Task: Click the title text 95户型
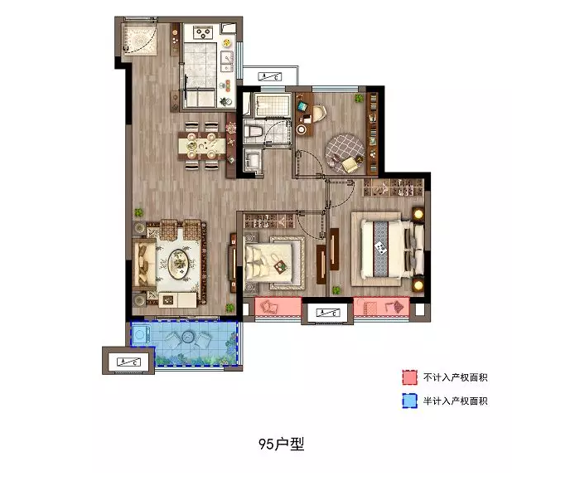[282, 444]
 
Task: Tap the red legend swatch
[409, 377]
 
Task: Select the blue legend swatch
[409, 401]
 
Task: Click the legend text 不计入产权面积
[456, 377]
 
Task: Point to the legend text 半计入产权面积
[456, 401]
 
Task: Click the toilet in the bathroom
[253, 132]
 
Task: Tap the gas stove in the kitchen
[202, 33]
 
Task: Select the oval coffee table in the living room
[179, 263]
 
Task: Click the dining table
[202, 146]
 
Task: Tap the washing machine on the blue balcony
[140, 334]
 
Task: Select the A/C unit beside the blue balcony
[128, 361]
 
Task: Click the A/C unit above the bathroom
[270, 76]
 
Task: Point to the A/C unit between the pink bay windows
[328, 313]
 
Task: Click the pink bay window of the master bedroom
[381, 306]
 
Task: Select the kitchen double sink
[227, 61]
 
